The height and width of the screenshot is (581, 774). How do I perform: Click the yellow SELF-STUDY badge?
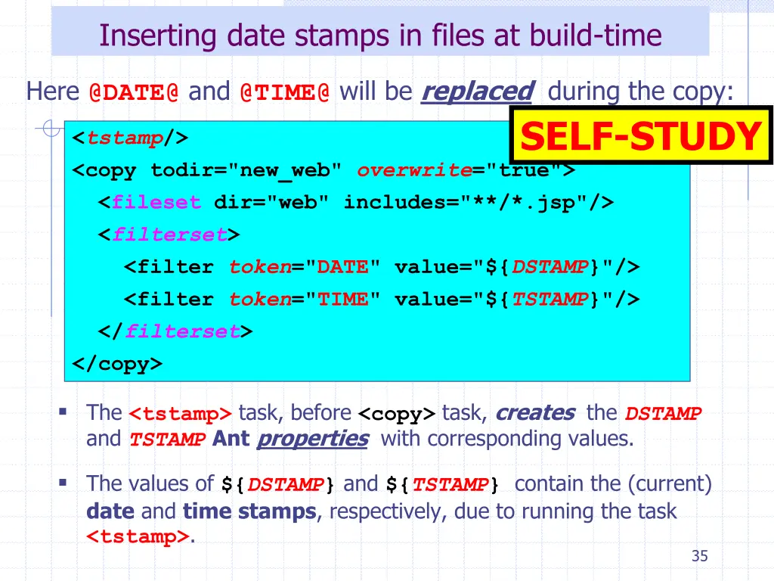coord(641,136)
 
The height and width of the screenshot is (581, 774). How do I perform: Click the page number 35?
coord(699,557)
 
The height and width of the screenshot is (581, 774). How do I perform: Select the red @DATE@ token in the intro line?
coord(134,92)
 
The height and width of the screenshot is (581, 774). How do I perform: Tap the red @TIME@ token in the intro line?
coord(284,92)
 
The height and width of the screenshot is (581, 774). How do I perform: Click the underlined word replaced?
coord(477,92)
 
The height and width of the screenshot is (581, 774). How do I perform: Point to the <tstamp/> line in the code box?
coord(130,138)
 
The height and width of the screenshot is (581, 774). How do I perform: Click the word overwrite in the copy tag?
coord(415,170)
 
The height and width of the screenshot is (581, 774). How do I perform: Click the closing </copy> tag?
coord(117,364)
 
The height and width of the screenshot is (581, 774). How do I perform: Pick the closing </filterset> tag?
coord(176,331)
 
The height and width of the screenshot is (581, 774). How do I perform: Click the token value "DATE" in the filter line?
coord(342,267)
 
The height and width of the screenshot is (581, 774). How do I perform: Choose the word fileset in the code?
coord(156,203)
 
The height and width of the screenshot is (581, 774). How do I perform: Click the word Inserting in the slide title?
coord(153,36)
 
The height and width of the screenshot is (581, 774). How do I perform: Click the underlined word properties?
coord(312,439)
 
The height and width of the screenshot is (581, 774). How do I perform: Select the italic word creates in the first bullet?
coord(535,413)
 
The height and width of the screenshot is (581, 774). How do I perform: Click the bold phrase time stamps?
coord(249,511)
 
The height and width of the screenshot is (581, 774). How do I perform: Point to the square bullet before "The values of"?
coord(63,482)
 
